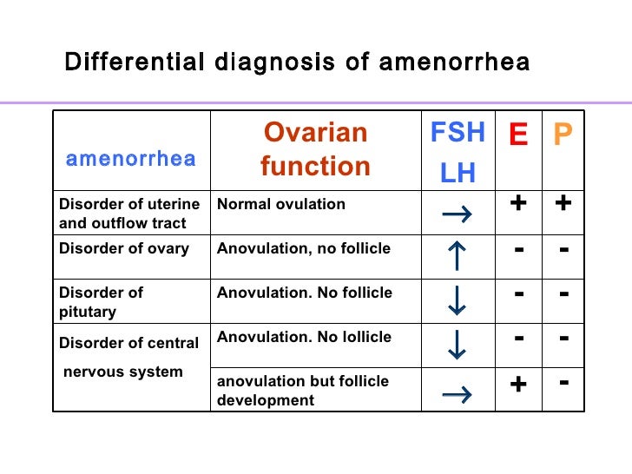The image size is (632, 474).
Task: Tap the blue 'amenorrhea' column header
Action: coord(131,159)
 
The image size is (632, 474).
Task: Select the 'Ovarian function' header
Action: coord(315,149)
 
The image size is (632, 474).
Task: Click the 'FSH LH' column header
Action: coord(458,152)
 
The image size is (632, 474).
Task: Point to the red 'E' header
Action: coord(518,135)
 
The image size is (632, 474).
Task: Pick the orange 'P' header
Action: coord(563,135)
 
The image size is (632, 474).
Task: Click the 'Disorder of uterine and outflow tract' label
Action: coord(129,214)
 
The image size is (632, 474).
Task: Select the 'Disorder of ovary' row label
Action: coord(124,249)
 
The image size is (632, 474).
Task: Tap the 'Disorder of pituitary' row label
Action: coord(101,301)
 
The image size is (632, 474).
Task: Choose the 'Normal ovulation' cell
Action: coord(281,205)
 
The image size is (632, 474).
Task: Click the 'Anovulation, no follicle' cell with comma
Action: coord(304,249)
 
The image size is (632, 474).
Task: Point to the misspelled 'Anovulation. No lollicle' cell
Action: coord(304,337)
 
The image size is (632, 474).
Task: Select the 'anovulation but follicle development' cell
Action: coord(302,391)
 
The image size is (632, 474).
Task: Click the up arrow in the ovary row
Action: coord(457,257)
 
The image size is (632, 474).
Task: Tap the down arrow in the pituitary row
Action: coord(457,300)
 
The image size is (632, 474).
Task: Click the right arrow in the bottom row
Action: coord(457,395)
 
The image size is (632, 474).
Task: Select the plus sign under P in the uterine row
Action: coord(563,203)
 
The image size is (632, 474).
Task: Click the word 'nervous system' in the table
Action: coord(122,372)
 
